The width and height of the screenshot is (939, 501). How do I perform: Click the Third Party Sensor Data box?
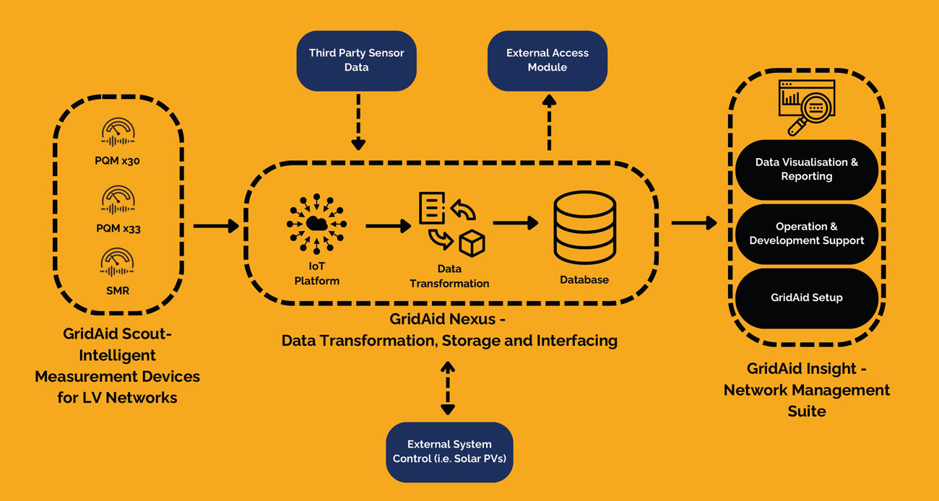357,60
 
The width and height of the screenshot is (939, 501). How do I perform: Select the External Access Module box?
547,60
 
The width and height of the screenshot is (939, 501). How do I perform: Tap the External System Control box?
449,452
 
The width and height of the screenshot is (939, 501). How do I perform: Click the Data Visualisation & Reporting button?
806,170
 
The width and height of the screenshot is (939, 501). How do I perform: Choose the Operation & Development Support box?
806,233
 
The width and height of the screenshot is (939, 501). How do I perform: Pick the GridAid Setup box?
806,297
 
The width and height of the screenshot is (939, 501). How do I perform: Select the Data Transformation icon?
451,224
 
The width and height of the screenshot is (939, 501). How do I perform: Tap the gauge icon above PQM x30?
117,135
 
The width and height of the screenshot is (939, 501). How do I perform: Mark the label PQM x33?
117,229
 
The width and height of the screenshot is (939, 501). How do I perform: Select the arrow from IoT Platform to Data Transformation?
388,226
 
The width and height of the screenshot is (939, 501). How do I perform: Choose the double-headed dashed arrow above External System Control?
448,388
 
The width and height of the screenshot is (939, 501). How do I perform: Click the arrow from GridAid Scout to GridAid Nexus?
216,226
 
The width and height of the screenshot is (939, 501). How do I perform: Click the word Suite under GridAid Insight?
806,411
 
